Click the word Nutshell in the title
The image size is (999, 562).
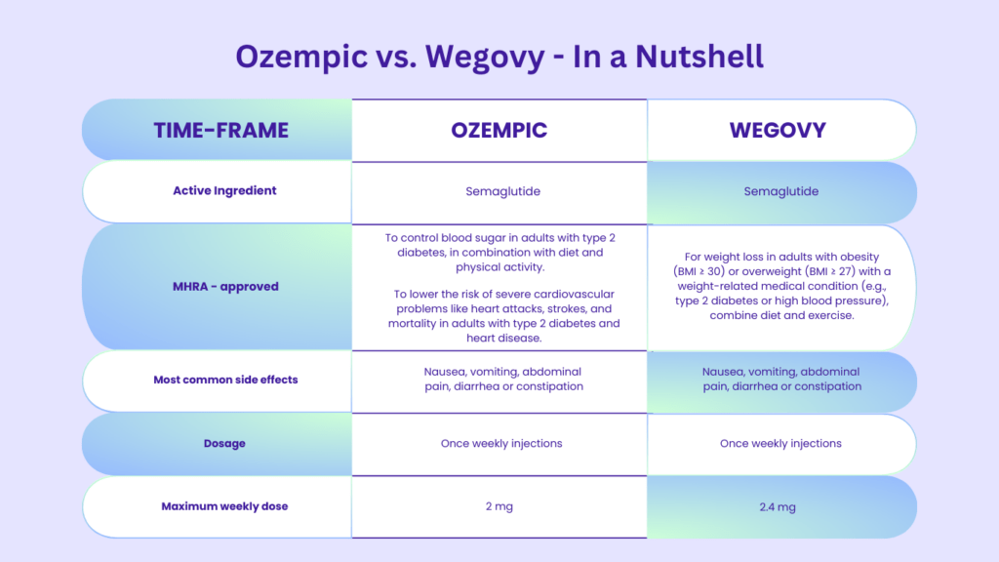(x=699, y=56)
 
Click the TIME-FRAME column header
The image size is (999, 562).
(x=221, y=130)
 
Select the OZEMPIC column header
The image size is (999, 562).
(x=499, y=130)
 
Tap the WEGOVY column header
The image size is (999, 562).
(x=778, y=130)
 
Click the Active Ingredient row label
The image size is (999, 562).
(x=224, y=190)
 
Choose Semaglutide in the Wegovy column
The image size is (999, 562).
(x=780, y=191)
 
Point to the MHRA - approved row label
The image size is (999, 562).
(x=225, y=287)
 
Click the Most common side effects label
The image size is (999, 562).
(x=225, y=380)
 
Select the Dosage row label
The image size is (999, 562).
(x=224, y=443)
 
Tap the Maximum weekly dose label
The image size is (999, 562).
(x=224, y=506)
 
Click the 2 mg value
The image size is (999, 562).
(x=499, y=506)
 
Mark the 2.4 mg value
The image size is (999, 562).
(x=778, y=507)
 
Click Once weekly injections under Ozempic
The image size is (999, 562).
(x=501, y=443)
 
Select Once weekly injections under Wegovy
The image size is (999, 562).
(x=780, y=443)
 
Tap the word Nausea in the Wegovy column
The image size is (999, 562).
(x=725, y=372)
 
